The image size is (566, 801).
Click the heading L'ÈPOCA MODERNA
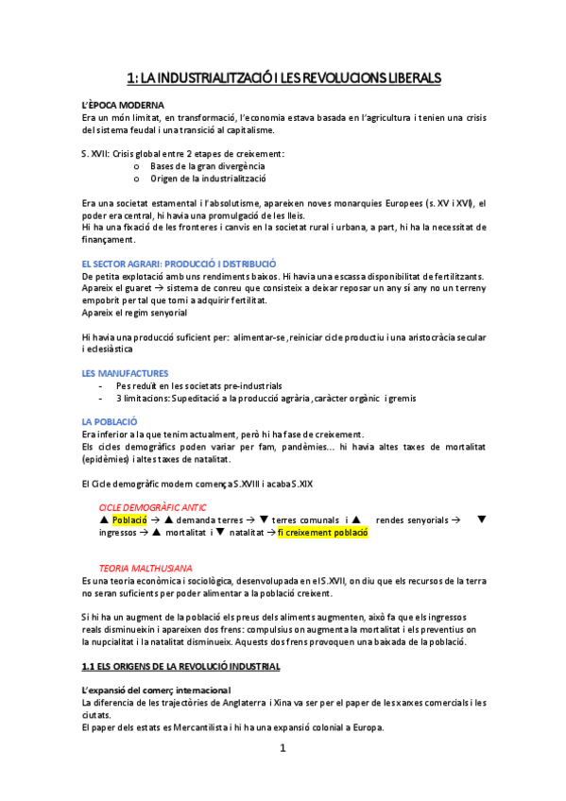tap(124, 103)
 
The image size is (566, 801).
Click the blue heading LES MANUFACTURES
tap(125, 373)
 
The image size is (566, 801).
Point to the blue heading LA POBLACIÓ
tap(110, 420)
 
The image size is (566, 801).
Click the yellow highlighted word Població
tap(129, 520)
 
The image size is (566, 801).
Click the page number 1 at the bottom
tap(283, 749)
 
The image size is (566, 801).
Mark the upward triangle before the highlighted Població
tap(104, 520)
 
